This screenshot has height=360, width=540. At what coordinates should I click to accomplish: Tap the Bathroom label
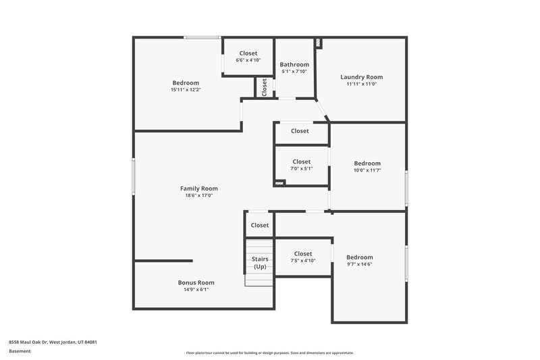pos(294,65)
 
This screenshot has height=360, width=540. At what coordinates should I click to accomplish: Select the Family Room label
pos(199,188)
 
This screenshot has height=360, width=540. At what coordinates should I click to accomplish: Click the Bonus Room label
pos(196,282)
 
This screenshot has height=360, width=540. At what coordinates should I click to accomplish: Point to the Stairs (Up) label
pos(260,263)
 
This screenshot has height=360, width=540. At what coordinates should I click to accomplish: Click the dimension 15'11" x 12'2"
pos(186,90)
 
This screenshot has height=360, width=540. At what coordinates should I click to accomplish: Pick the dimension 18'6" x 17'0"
pos(199,196)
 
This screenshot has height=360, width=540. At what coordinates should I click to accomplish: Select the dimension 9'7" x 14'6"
pos(360,264)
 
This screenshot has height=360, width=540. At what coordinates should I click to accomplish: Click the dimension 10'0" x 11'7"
pos(368,170)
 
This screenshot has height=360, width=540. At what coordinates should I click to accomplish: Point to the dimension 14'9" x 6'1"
pos(196,290)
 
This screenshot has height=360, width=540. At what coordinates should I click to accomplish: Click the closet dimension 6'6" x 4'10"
pos(248,61)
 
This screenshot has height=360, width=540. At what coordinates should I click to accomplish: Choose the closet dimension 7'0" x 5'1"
pos(302,169)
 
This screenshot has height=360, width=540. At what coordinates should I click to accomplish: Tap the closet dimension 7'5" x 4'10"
pos(303,261)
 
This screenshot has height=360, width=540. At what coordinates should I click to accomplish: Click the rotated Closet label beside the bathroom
pos(265,86)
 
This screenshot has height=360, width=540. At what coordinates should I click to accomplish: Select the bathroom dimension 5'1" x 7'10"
pos(294,72)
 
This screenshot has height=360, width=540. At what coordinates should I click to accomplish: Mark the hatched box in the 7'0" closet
pos(280,182)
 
